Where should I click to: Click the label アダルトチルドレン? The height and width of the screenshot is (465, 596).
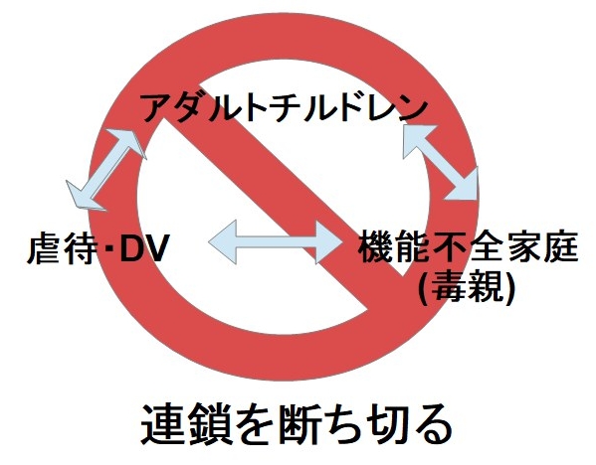click(286, 106)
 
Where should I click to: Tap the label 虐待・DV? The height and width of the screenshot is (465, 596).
click(99, 248)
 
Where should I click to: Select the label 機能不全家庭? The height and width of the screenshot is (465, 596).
click(469, 246)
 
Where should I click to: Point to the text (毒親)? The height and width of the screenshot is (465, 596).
click(467, 287)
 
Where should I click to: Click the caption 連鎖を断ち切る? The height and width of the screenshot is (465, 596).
click(297, 424)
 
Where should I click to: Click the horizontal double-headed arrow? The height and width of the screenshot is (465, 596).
click(276, 241)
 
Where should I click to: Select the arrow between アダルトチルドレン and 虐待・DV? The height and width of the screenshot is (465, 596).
click(106, 169)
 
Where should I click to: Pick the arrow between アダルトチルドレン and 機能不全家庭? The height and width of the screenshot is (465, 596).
click(440, 162)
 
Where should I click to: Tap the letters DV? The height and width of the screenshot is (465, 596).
click(143, 249)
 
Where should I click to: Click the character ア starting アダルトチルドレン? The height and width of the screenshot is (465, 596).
click(156, 107)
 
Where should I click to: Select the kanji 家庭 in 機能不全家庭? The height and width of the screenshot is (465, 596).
click(542, 246)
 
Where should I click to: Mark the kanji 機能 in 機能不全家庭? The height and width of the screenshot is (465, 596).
click(395, 246)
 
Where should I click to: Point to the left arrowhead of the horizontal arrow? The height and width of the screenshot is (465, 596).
click(223, 241)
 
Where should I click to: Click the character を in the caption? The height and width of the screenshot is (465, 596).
click(254, 425)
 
